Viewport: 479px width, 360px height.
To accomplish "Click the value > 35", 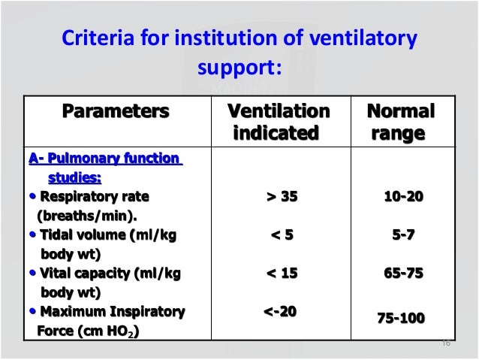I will (282, 197).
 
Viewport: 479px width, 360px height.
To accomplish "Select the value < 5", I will (282, 235).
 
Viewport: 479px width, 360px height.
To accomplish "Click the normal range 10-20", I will (403, 197).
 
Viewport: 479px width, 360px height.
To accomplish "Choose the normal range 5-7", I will (403, 235).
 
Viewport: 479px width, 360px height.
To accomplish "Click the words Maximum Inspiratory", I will (112, 311).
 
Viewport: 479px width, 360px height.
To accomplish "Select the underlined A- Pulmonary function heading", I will (104, 159).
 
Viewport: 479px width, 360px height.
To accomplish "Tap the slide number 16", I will (446, 343).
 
